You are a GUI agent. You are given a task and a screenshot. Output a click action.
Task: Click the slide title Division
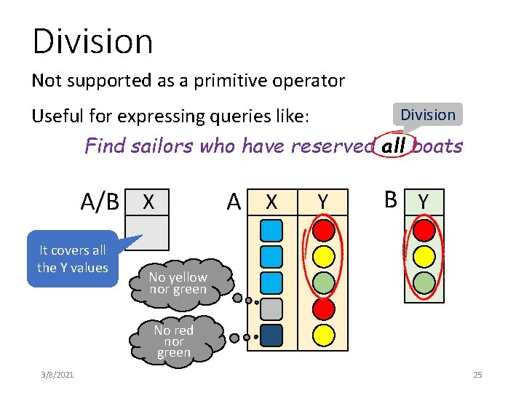(92, 41)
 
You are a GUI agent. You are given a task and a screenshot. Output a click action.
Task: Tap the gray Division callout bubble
(428, 114)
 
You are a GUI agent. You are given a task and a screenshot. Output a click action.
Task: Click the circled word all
(394, 146)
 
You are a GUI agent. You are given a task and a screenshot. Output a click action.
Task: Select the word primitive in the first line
(210, 81)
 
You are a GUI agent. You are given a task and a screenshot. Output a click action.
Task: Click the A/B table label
(100, 202)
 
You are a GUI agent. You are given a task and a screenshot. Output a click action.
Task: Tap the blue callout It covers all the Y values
(73, 258)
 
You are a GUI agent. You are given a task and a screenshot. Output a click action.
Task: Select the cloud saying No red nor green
(174, 341)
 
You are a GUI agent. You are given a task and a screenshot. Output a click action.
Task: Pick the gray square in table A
(271, 308)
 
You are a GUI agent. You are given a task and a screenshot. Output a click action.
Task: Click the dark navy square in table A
(271, 334)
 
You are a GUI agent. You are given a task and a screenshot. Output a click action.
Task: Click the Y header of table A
(323, 202)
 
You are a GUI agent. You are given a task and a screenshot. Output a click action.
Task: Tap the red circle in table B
(424, 231)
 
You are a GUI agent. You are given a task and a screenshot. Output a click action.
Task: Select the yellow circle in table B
(424, 256)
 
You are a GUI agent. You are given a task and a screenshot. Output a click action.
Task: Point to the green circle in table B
(424, 282)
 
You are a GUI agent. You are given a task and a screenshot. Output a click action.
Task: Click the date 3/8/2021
(62, 375)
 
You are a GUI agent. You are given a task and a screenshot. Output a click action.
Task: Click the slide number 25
(477, 375)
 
